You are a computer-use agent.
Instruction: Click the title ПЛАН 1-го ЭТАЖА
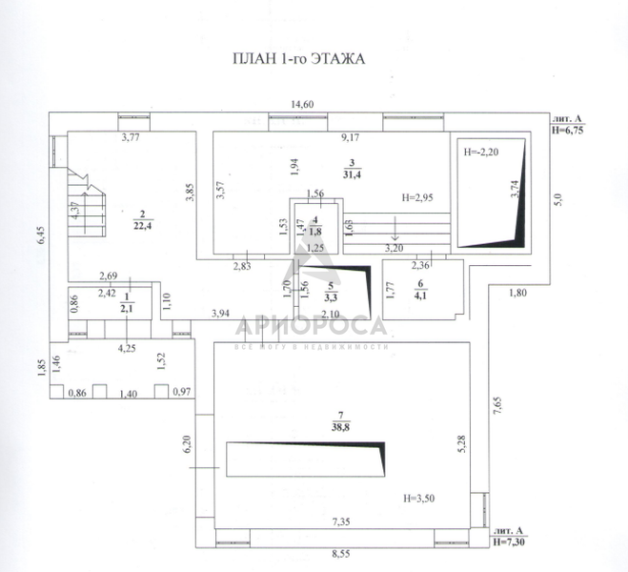[298, 59]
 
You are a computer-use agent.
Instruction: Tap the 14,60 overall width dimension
[304, 105]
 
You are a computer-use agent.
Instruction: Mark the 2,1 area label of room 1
[127, 308]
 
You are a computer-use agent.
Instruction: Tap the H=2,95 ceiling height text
[418, 198]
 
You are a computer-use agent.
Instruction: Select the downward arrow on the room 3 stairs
[395, 233]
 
